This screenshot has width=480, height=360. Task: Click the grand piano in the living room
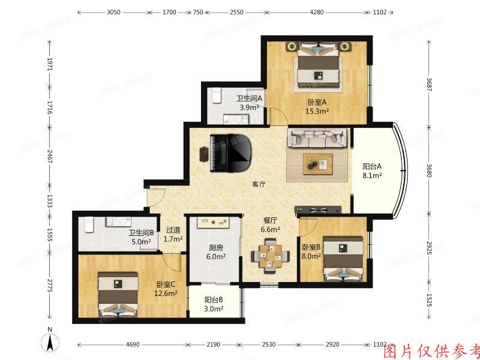(x=232, y=152)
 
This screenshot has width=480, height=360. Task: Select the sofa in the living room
(x=318, y=138)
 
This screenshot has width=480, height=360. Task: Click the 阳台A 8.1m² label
(x=372, y=172)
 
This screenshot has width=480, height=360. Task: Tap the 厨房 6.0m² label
(x=216, y=252)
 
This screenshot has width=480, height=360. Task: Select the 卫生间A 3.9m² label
(x=248, y=103)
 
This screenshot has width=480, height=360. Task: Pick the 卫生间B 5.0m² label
(x=141, y=238)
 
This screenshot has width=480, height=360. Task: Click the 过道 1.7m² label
(x=173, y=234)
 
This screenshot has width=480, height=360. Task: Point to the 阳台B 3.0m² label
(x=214, y=304)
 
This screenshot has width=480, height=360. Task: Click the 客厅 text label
(x=259, y=185)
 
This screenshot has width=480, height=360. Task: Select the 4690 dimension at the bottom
(x=133, y=345)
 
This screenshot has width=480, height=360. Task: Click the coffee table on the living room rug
(x=317, y=163)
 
